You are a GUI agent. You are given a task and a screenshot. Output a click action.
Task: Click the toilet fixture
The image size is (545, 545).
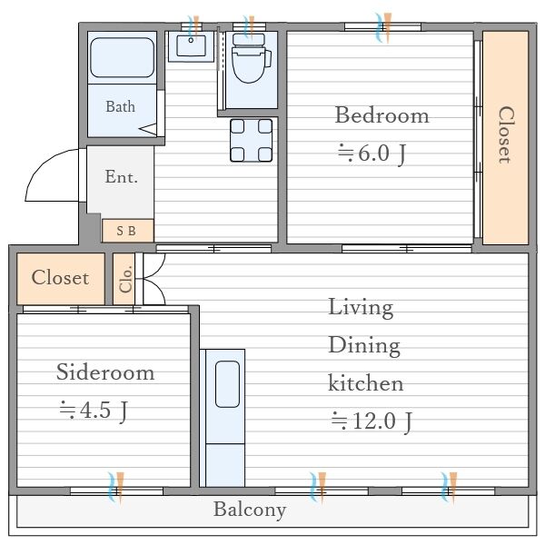pos(251,58)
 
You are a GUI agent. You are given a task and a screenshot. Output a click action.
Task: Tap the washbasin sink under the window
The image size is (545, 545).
pos(191,46)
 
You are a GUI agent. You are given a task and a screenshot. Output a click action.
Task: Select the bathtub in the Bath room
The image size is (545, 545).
pos(122,58)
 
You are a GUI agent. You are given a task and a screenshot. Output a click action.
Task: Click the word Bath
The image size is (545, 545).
pos(120,106)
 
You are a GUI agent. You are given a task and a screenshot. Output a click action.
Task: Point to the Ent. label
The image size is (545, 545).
pos(122,176)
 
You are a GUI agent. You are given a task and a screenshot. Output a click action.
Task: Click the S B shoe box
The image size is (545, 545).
pos(128,231)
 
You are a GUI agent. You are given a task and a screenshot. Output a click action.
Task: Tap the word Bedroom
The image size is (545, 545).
pos(381,115)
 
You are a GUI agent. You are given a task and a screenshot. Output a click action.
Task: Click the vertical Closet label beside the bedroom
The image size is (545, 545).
pos(505,134)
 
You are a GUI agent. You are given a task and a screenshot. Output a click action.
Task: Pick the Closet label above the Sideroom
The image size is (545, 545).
pos(60,277)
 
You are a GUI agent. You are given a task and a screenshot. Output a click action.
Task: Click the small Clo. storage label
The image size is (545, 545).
pos(125,279)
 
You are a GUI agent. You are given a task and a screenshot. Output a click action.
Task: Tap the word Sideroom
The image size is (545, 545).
pos(105,372)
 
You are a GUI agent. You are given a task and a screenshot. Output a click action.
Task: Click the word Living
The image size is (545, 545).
pos(361,308)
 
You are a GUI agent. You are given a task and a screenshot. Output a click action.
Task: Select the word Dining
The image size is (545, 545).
pos(364,347)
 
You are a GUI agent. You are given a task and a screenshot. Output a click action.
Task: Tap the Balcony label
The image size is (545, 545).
pos(250,510)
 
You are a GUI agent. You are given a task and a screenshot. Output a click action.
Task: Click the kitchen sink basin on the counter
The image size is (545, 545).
pos(227,384)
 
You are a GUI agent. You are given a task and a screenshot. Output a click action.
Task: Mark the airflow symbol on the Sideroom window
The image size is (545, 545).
pos(115,487)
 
